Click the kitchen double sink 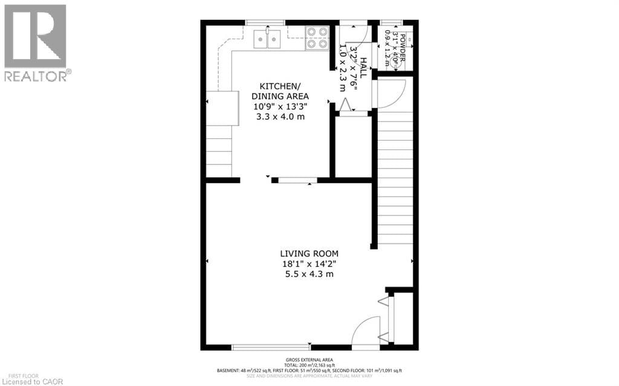point(267,39)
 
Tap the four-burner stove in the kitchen point(316,37)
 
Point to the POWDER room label point(410,41)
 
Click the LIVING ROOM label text point(309,254)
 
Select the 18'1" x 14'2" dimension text point(309,264)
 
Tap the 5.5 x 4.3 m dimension point(309,274)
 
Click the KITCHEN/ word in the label point(280,86)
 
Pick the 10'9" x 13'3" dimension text point(280,106)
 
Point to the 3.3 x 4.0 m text point(280,116)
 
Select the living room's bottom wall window point(271,347)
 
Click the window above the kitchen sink point(266,23)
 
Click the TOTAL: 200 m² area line point(309,365)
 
